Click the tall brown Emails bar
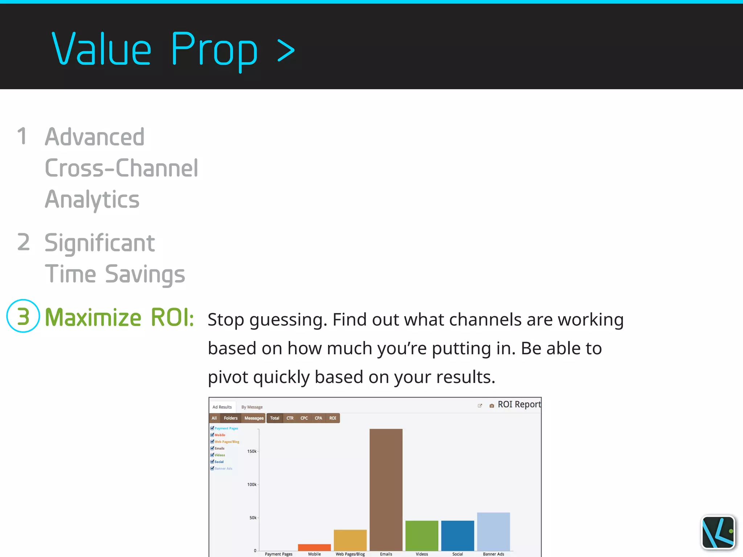pyautogui.click(x=386, y=490)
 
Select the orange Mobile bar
pyautogui.click(x=314, y=547)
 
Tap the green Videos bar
pyautogui.click(x=422, y=536)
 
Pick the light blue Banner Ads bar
pyautogui.click(x=493, y=531)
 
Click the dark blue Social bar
pyautogui.click(x=457, y=536)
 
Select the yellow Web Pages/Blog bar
pyautogui.click(x=350, y=540)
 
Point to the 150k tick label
pyautogui.click(x=252, y=451)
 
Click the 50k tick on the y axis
pyautogui.click(x=253, y=518)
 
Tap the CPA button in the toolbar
pyautogui.click(x=318, y=418)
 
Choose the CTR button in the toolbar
pyautogui.click(x=290, y=418)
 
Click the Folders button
pyautogui.click(x=230, y=418)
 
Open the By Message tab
pyautogui.click(x=252, y=407)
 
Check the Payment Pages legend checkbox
pyautogui.click(x=212, y=428)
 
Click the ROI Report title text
pyautogui.click(x=519, y=404)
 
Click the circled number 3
pyautogui.click(x=23, y=316)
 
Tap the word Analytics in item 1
pyautogui.click(x=92, y=199)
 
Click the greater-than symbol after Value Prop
pyautogui.click(x=286, y=51)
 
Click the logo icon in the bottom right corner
pyautogui.click(x=718, y=532)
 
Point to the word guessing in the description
pyautogui.click(x=288, y=320)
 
